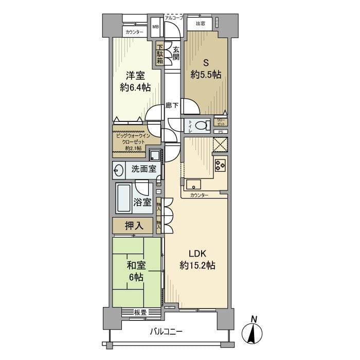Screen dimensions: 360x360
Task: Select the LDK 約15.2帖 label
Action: click(197, 260)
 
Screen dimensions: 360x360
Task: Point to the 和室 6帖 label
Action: click(137, 271)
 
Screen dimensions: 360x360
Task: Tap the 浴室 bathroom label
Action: click(142, 202)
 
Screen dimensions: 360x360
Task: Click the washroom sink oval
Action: click(119, 169)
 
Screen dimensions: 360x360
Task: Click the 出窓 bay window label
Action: click(200, 23)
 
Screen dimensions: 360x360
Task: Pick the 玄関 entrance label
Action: click(175, 53)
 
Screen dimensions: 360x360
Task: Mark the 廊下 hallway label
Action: click(172, 105)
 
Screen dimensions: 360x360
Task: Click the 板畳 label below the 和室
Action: click(140, 311)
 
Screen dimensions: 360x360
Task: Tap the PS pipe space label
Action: click(221, 132)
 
